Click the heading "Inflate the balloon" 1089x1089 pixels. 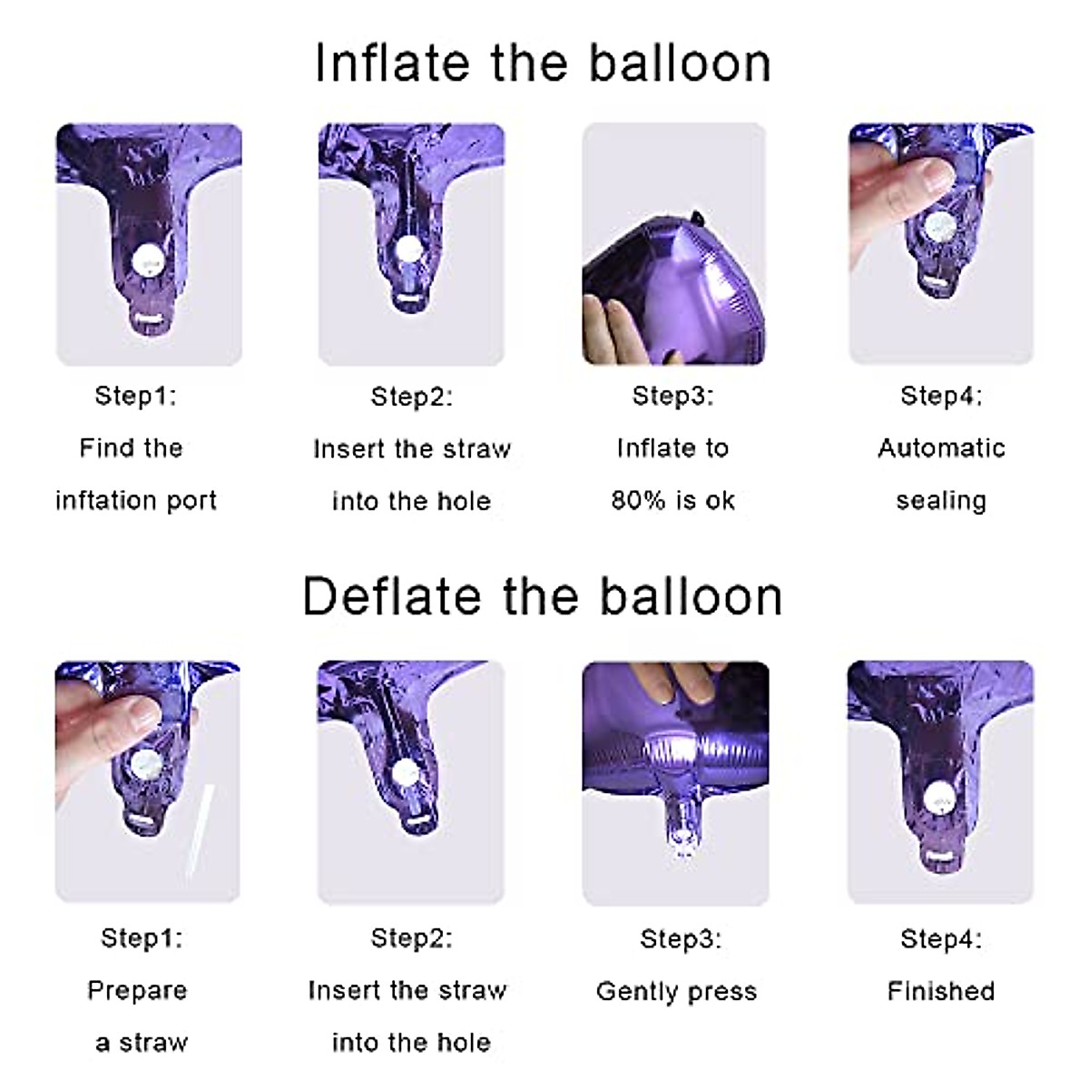point(543,64)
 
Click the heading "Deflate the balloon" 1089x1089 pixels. point(543,597)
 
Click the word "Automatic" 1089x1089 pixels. point(941,448)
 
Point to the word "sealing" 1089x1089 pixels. point(941,501)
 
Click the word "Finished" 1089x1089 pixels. point(941,991)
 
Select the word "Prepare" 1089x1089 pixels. point(137,990)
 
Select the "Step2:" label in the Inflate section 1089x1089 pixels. point(411,397)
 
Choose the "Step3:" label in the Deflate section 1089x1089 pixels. point(681,938)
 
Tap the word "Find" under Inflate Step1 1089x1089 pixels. point(98,448)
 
